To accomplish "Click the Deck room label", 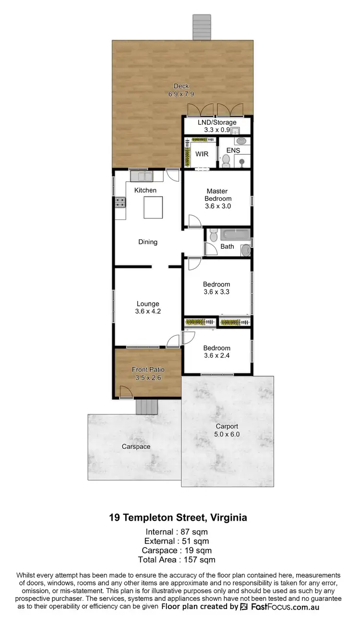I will [x=181, y=86].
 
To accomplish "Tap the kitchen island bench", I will [x=153, y=208].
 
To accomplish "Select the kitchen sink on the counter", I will [x=141, y=176].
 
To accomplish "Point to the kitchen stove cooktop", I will [x=120, y=203].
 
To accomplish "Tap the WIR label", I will [x=202, y=154].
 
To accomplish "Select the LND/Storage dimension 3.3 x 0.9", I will [x=217, y=129].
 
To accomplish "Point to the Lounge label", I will [x=148, y=304].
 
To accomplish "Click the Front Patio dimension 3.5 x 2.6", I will [x=148, y=378].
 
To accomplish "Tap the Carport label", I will [x=227, y=426].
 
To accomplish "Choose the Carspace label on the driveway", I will [x=136, y=447].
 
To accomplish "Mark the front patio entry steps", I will [x=147, y=407].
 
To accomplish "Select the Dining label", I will [x=148, y=242].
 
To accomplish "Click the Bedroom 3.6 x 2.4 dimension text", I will [x=216, y=356].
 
